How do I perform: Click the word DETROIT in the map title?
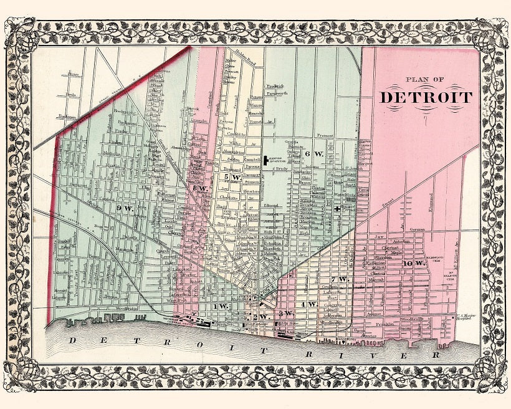click(x=426, y=97)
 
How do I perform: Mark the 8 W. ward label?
click(x=199, y=188)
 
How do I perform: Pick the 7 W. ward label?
click(x=339, y=279)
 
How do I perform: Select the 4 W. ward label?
click(x=308, y=304)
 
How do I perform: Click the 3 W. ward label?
click(x=285, y=312)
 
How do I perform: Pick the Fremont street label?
click(x=324, y=135)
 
